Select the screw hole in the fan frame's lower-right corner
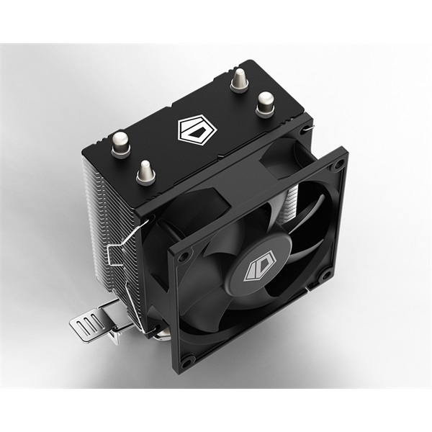[x=325, y=274]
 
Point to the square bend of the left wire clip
[x=112, y=254]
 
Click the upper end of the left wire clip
[x=147, y=222]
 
